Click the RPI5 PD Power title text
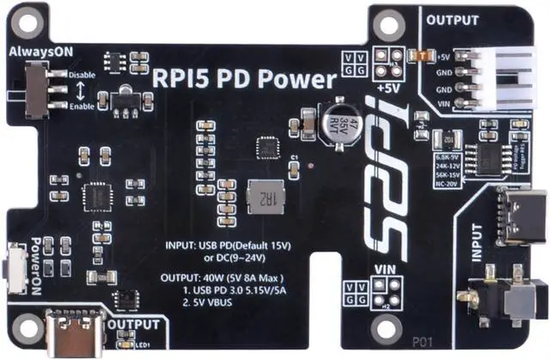pos(243,80)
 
